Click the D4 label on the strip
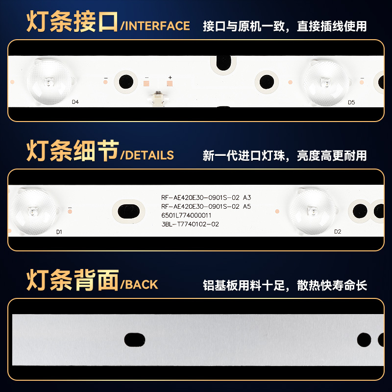[75, 102]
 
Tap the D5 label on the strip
[351, 102]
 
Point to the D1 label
[59, 232]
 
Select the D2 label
[337, 232]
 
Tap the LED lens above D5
[325, 81]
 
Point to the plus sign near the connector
[170, 78]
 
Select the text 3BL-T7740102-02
[190, 224]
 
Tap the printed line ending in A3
[206, 197]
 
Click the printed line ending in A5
[206, 206]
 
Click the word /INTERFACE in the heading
[155, 26]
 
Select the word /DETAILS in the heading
[147, 155]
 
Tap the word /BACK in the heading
[139, 285]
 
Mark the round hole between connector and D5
[267, 81]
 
